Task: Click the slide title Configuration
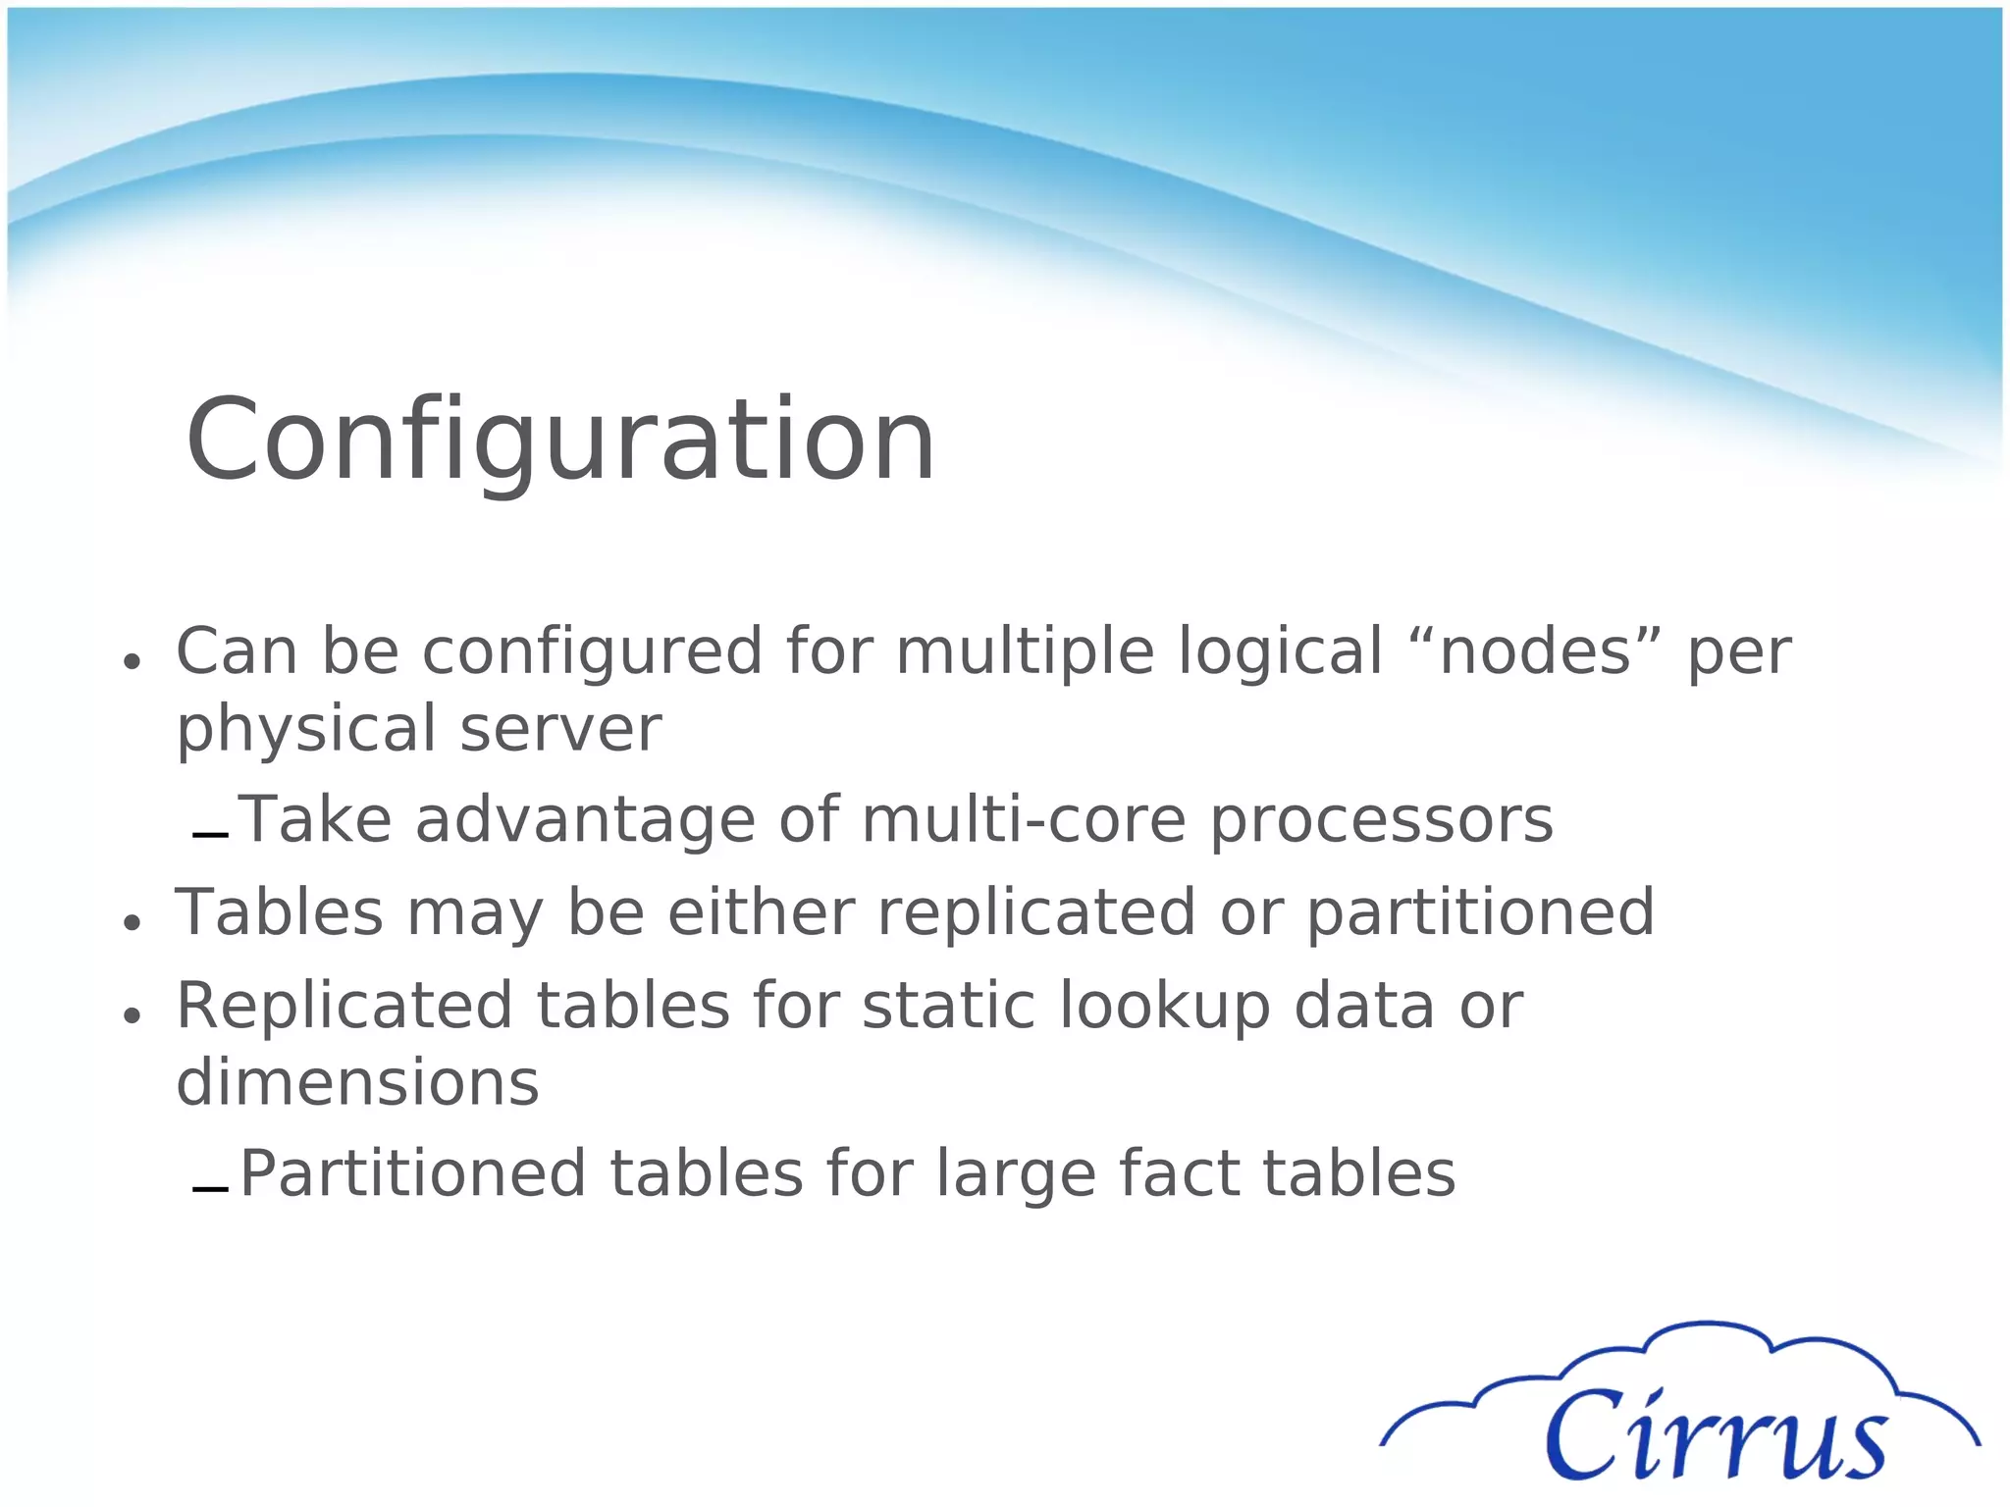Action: coord(559,441)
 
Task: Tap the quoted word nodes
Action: coord(1535,651)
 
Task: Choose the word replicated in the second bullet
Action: coord(1036,912)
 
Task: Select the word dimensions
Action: coord(357,1082)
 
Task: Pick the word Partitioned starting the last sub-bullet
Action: coord(413,1174)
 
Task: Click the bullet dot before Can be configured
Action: coord(132,661)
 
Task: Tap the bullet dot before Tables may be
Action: coord(132,922)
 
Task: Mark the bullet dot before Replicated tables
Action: coord(132,1016)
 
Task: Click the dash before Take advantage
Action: coord(210,836)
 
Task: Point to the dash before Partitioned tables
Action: coord(210,1190)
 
